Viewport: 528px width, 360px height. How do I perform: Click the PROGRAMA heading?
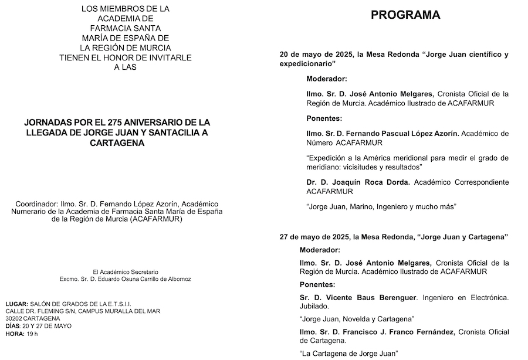[405, 15]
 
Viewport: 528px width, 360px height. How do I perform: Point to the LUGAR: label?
[16, 303]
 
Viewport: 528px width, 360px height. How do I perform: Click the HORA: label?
[14, 334]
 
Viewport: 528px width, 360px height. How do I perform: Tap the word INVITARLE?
[172, 57]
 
